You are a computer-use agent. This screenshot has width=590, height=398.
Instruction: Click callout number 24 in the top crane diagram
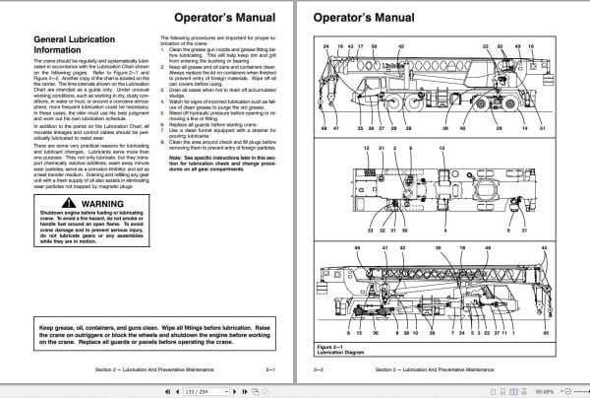click(326, 46)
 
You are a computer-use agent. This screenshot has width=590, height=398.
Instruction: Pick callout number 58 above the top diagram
click(373, 46)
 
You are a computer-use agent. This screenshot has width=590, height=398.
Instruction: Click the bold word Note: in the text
click(177, 158)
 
